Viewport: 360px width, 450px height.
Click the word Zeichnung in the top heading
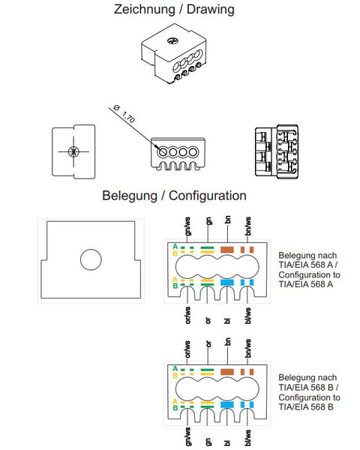click(x=145, y=10)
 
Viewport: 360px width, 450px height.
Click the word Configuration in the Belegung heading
click(x=208, y=196)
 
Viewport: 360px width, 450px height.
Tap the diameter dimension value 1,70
click(x=128, y=117)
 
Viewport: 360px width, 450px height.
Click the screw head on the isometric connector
click(x=172, y=40)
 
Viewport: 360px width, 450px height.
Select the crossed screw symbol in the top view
click(x=73, y=151)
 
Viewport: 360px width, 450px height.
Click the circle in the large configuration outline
click(x=91, y=259)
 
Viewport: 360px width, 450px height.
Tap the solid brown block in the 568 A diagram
click(x=226, y=250)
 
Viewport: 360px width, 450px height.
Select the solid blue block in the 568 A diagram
click(x=226, y=283)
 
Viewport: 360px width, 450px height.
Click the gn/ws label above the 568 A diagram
click(x=188, y=226)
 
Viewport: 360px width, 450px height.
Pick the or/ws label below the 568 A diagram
click(x=188, y=315)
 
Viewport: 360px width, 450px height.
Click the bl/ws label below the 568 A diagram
click(x=248, y=316)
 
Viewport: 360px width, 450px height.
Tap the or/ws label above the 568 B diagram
click(x=188, y=349)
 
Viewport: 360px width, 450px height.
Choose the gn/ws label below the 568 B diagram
click(x=188, y=436)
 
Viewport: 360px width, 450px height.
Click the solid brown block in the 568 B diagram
click(x=226, y=372)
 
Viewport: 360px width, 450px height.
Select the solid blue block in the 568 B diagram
click(x=226, y=405)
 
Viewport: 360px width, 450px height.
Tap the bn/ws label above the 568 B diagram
click(x=248, y=349)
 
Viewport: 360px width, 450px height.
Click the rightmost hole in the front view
click(x=193, y=151)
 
